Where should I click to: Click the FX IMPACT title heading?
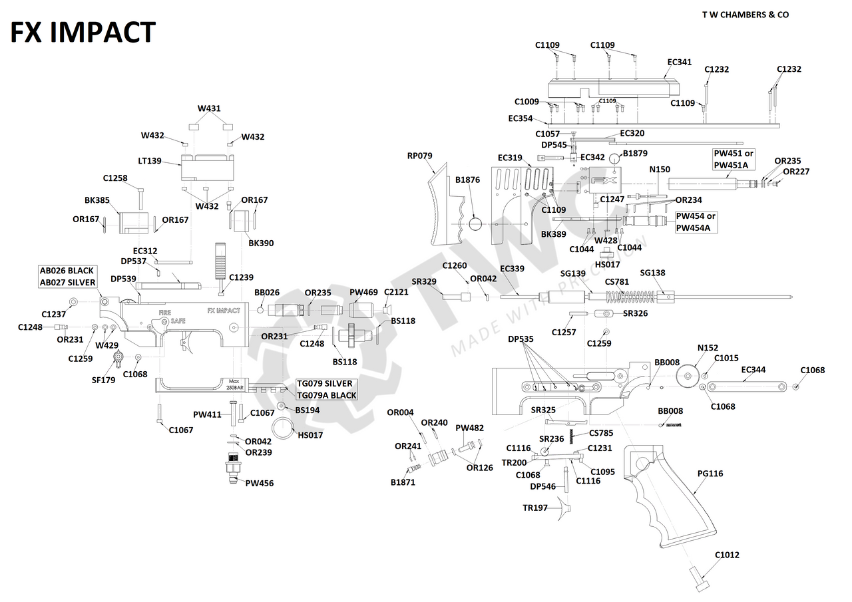click(x=83, y=32)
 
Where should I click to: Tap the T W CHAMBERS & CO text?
click(x=745, y=15)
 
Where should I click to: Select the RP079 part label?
click(x=420, y=156)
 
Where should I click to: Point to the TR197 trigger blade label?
click(x=535, y=508)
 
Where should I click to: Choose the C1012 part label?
click(x=727, y=555)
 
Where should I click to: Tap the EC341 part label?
click(x=680, y=62)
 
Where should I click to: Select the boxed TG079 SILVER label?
click(x=325, y=384)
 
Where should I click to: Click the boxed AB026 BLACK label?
click(x=67, y=271)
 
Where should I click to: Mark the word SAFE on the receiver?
click(x=178, y=321)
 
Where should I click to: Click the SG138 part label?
click(x=652, y=273)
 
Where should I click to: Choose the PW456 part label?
click(x=260, y=483)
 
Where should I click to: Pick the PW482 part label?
click(x=470, y=428)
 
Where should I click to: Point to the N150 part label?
click(x=660, y=170)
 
